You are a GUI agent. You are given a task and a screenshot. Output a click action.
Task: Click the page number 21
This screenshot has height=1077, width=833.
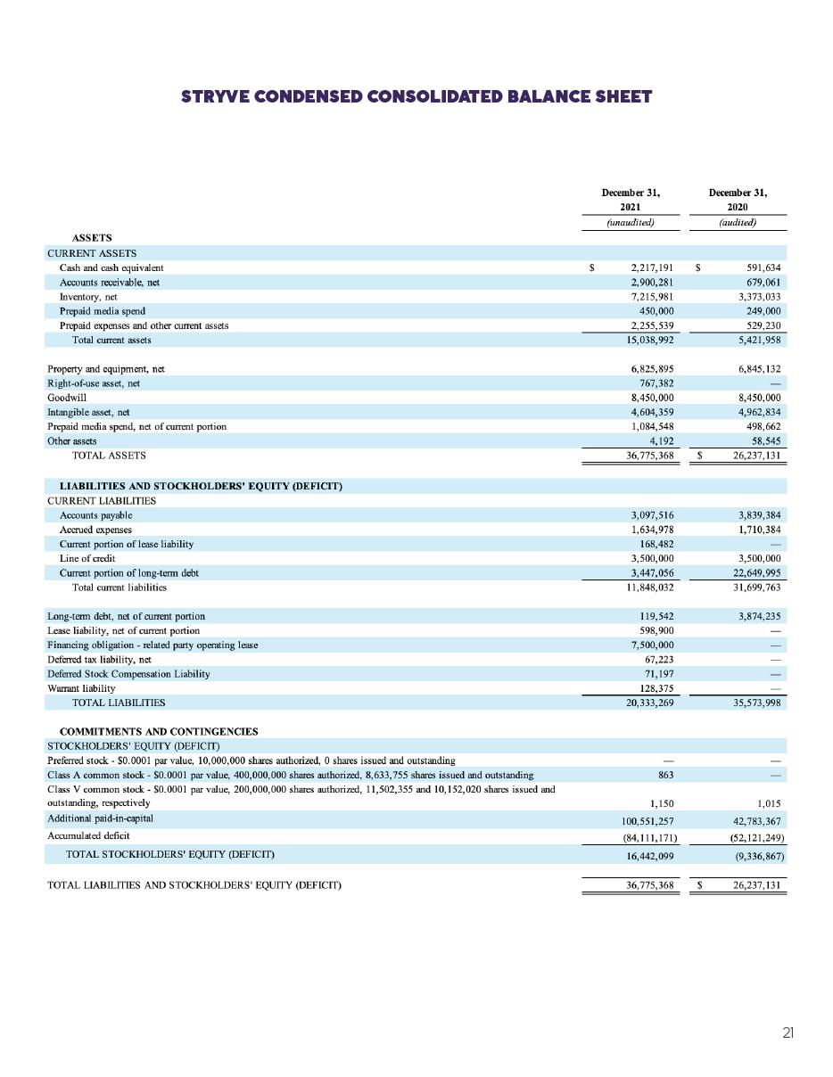(x=788, y=1033)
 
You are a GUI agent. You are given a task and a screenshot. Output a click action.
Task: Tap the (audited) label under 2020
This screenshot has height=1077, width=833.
(x=738, y=223)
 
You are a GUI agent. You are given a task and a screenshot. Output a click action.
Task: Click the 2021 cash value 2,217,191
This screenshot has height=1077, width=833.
(x=651, y=267)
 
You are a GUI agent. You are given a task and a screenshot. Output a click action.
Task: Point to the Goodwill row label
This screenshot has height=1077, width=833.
(x=67, y=398)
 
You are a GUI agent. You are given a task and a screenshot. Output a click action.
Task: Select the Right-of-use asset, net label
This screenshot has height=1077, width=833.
(x=94, y=383)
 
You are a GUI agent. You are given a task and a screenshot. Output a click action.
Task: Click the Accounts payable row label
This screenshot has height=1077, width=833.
(x=95, y=515)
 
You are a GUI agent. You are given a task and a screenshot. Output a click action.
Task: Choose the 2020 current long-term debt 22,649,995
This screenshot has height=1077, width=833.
(x=755, y=572)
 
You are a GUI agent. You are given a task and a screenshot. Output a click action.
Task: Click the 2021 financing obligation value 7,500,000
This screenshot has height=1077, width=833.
(x=651, y=645)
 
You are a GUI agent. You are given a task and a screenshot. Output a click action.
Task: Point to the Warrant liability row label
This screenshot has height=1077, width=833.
(x=81, y=688)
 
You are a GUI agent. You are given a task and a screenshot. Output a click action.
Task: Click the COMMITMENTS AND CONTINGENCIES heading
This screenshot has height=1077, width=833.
(x=164, y=731)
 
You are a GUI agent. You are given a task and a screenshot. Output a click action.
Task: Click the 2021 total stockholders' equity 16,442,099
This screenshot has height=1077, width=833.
(x=649, y=855)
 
